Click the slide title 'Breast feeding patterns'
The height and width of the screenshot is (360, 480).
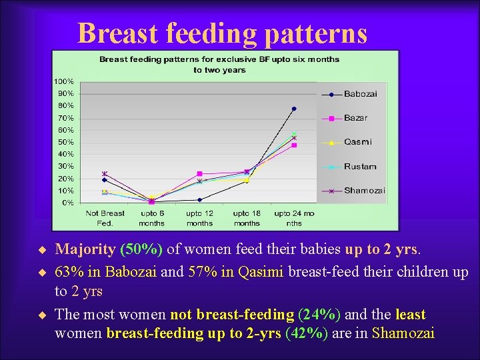click(222, 33)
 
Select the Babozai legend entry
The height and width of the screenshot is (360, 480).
click(360, 94)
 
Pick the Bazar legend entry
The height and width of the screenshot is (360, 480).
click(356, 118)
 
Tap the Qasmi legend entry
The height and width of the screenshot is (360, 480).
click(357, 142)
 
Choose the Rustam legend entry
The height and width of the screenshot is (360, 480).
click(360, 167)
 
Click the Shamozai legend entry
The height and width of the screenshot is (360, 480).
click(364, 191)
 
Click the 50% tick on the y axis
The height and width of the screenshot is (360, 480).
click(66, 142)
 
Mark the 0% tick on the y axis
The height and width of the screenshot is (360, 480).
click(67, 203)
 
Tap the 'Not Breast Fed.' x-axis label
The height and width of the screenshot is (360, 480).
click(105, 218)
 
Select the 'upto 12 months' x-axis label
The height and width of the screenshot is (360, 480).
click(199, 218)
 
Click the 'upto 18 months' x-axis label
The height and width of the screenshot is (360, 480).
click(247, 218)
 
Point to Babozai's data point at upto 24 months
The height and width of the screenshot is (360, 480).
click(294, 109)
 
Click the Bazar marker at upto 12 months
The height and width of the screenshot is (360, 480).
click(199, 173)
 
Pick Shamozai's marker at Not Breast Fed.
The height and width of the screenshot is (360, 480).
click(105, 173)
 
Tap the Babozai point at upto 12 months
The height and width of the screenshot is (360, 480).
click(199, 199)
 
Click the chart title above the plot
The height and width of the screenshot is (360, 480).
click(219, 64)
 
